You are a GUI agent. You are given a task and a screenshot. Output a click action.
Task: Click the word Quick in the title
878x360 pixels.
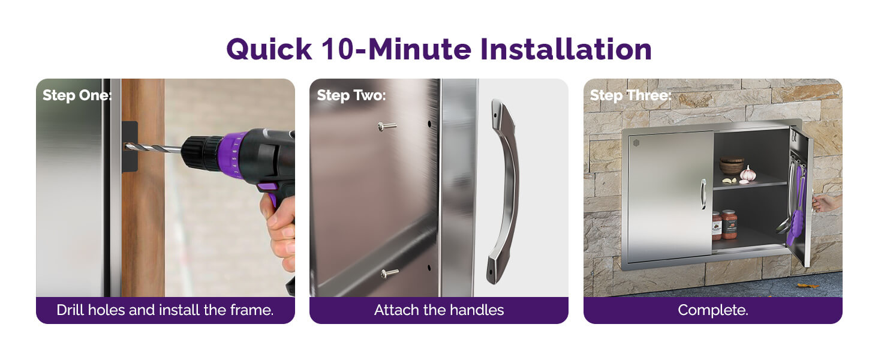(x=269, y=49)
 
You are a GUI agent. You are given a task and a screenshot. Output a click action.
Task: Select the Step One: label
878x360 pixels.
(x=77, y=95)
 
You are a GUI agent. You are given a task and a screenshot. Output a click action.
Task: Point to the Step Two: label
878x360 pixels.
(x=351, y=95)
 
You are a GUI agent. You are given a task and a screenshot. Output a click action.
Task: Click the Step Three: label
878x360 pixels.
(x=631, y=95)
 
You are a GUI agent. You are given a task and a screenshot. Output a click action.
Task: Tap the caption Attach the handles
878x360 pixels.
(x=439, y=310)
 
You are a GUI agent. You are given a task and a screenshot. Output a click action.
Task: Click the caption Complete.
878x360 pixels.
(x=713, y=310)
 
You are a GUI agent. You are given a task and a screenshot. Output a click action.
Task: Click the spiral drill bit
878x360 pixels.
(x=153, y=148)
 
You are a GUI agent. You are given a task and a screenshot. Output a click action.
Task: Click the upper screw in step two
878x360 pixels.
(x=387, y=126)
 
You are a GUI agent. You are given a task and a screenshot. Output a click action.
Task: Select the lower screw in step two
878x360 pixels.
(x=389, y=273)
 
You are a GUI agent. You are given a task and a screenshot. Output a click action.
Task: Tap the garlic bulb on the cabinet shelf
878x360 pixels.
(x=748, y=175)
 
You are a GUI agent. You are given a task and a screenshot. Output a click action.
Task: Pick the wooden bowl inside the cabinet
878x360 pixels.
(x=732, y=166)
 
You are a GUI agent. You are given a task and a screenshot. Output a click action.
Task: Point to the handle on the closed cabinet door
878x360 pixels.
(x=703, y=194)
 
